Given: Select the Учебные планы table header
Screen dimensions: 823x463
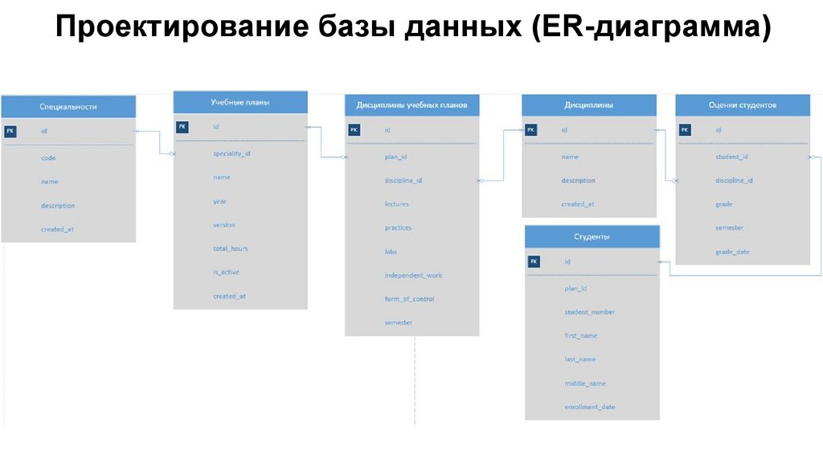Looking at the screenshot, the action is (240, 103).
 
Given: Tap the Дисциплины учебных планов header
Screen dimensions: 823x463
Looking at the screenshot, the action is (411, 105).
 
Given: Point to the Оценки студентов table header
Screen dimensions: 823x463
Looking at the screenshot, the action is (742, 105).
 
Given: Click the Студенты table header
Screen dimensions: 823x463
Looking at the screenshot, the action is (592, 237).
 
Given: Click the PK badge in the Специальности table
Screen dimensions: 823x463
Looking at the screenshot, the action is (10, 132).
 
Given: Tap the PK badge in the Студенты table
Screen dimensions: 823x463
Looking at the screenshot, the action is (534, 261).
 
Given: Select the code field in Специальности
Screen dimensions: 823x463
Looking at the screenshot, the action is (48, 158).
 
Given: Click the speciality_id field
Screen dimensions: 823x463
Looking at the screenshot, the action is (231, 153).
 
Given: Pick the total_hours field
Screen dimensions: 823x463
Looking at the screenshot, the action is (231, 248).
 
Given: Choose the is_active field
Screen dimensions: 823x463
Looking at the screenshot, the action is (226, 272).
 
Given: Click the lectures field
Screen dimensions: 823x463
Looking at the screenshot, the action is (397, 204).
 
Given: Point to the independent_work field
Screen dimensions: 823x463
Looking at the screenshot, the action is (413, 276).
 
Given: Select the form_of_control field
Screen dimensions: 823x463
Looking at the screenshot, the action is (409, 299).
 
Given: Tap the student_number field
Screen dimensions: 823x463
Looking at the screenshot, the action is (590, 312).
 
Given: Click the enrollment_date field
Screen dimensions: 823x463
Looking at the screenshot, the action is (590, 408).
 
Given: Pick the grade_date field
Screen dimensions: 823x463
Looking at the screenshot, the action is (732, 252).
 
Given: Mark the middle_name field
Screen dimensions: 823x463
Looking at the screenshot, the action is (585, 383).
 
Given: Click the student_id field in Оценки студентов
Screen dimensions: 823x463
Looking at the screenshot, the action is (731, 157).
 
